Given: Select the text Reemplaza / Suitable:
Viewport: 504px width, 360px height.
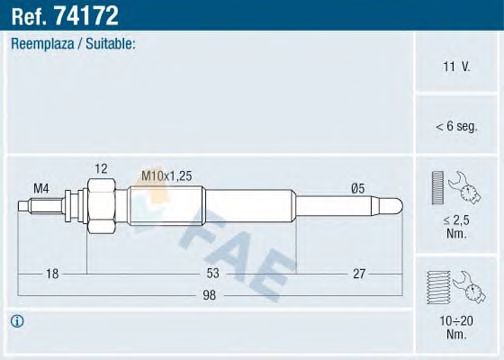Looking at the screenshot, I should tap(73, 44).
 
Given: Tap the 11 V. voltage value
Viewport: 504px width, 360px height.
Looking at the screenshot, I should tap(456, 66).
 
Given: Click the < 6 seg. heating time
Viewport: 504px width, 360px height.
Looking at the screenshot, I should tap(456, 126).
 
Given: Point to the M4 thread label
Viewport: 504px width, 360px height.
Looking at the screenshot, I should tap(41, 187).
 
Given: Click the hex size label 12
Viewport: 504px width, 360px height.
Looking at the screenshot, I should tap(100, 168).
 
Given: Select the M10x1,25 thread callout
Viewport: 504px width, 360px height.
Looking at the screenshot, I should tap(165, 176).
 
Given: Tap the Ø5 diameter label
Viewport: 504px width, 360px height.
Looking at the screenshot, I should tap(357, 187).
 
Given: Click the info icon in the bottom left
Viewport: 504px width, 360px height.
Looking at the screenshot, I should tap(17, 321).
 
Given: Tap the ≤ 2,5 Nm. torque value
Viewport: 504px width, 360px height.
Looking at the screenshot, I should tap(455, 224).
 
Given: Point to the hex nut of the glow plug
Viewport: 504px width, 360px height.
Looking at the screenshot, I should tap(100, 205).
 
